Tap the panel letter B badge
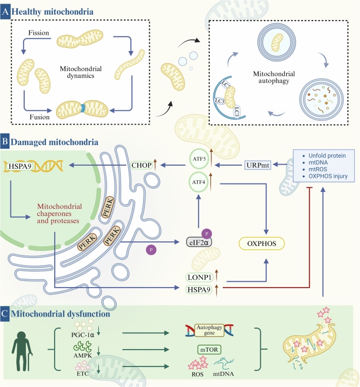(x=6, y=142)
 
